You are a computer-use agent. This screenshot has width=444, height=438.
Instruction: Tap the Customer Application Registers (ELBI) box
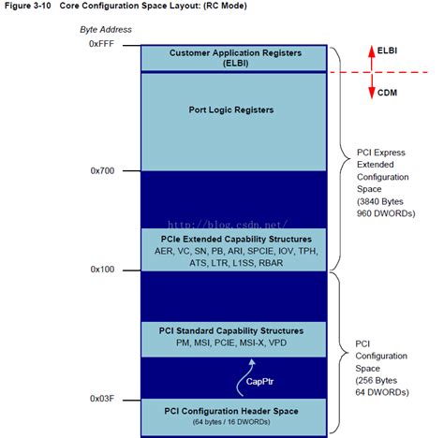point(234,57)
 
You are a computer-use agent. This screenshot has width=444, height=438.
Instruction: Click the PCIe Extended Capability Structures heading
point(234,240)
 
